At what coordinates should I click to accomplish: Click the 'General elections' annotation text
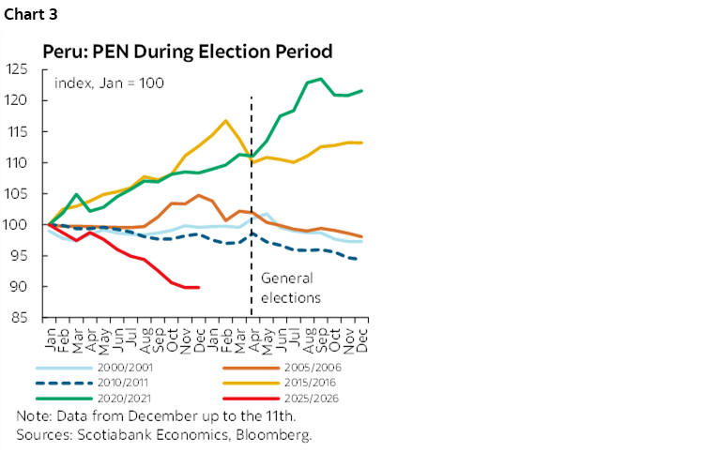click(290, 288)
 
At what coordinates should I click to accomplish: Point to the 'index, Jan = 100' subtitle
click(110, 83)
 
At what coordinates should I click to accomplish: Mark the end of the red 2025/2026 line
click(197, 287)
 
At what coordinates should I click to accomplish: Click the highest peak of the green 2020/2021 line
click(321, 79)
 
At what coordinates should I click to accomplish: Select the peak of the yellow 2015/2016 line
click(225, 120)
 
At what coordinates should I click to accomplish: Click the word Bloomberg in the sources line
click(278, 434)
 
